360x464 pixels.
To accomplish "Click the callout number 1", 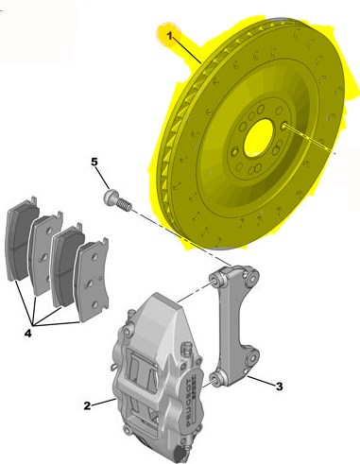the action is point(169,36).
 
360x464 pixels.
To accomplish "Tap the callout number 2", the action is point(87,405).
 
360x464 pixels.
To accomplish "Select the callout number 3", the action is point(280,387).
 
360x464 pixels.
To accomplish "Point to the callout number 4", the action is point(28,334).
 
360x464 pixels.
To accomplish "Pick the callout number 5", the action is point(94,162).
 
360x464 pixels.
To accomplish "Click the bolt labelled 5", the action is point(117,200).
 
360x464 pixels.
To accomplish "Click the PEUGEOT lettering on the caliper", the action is point(189,403).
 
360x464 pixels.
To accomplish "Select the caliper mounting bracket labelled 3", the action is point(234,324).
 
